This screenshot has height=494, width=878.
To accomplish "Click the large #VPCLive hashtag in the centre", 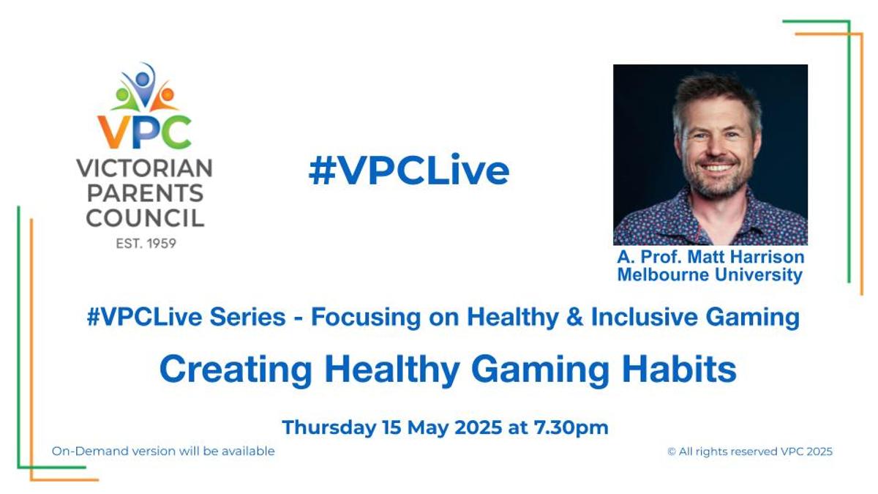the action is click(409, 171).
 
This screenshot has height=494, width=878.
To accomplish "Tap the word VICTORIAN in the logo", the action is click(145, 168).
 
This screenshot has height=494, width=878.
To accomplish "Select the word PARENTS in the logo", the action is click(145, 193).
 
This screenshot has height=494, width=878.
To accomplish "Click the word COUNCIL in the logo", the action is click(145, 217).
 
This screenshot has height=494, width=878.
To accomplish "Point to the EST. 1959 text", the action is click(146, 244).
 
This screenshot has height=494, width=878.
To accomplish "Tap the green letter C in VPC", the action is click(176, 131).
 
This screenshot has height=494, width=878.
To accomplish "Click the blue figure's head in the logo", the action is click(142, 79).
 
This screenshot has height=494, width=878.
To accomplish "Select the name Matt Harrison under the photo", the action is click(746, 257).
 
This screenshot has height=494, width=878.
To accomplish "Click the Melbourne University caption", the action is click(710, 274).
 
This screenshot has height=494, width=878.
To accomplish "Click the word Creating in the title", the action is click(236, 370).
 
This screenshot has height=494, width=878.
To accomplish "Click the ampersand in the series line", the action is click(574, 317).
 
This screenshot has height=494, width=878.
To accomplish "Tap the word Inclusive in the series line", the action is click(645, 317).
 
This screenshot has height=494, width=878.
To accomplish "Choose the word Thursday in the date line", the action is click(329, 427).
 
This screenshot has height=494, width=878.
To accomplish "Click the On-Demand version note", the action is click(163, 452).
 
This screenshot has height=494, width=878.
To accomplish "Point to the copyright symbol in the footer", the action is click(671, 452).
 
